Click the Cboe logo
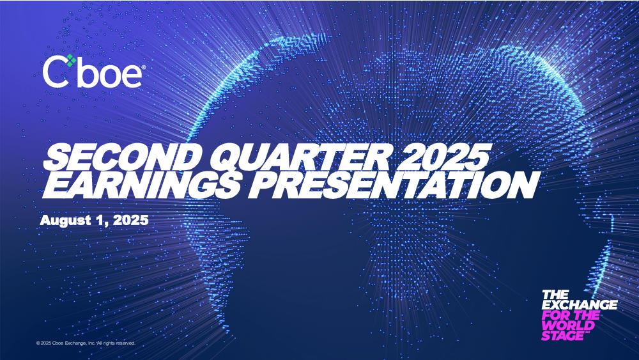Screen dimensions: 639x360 point(93,72)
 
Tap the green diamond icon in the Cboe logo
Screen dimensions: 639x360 point(72,60)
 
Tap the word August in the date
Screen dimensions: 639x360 point(66,221)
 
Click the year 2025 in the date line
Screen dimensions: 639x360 point(130,220)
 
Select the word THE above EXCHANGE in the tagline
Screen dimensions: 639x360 point(555,294)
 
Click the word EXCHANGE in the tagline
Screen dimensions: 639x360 point(580,304)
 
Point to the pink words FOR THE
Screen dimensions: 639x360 point(571,315)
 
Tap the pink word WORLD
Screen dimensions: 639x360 point(568,325)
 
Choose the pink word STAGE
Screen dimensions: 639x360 point(563,336)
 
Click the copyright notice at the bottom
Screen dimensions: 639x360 point(86,343)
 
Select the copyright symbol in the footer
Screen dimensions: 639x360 point(38,343)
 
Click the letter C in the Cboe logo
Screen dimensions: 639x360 point(56,72)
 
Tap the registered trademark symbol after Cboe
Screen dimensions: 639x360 point(142,67)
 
